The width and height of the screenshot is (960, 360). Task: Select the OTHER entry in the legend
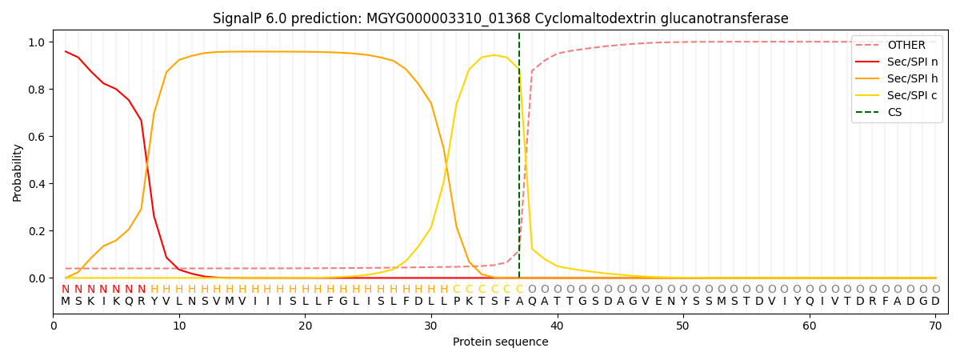tap(906, 46)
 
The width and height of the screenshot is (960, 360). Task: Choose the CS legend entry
tap(894, 112)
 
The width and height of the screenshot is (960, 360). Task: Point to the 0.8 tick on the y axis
tap(38, 90)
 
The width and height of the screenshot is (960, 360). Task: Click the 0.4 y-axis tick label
tap(38, 184)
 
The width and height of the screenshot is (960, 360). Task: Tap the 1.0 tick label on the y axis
tap(38, 42)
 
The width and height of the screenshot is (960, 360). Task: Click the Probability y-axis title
tap(18, 172)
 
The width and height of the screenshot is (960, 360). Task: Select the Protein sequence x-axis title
tap(500, 342)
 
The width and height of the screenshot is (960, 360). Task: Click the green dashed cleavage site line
tap(519, 160)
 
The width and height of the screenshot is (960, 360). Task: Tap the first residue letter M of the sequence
tap(66, 302)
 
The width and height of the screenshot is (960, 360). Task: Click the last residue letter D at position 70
tap(935, 302)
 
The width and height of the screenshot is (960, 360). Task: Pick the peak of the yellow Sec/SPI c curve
tap(494, 55)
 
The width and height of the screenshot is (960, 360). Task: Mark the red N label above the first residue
tap(66, 290)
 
